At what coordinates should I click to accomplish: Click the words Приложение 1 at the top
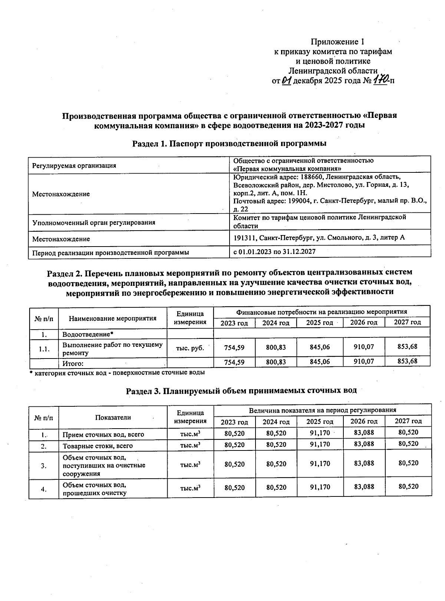tap(337, 42)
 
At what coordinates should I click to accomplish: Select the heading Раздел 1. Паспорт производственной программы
tap(229, 143)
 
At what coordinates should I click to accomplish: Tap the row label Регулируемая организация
tap(74, 166)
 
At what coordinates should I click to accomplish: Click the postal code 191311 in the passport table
tap(245, 238)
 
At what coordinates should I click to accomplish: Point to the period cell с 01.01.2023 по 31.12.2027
tap(274, 252)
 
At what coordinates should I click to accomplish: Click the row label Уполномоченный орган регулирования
tap(93, 222)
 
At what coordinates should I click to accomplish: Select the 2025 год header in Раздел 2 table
tap(319, 323)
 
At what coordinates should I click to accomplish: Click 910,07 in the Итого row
tap(363, 361)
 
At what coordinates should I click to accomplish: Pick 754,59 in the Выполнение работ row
tap(234, 347)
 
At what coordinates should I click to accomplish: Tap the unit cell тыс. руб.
tap(190, 348)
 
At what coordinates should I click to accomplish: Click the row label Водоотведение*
tap(88, 334)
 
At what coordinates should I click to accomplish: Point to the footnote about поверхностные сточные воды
tap(117, 372)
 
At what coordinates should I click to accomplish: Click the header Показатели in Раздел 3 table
tap(113, 417)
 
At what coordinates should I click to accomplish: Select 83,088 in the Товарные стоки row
tap(364, 444)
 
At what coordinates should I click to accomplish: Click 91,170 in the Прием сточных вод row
tap(320, 433)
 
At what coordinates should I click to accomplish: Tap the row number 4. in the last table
tap(44, 489)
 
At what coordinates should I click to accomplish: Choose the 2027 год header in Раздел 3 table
tap(408, 421)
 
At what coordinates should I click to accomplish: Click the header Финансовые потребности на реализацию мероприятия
tap(322, 312)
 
